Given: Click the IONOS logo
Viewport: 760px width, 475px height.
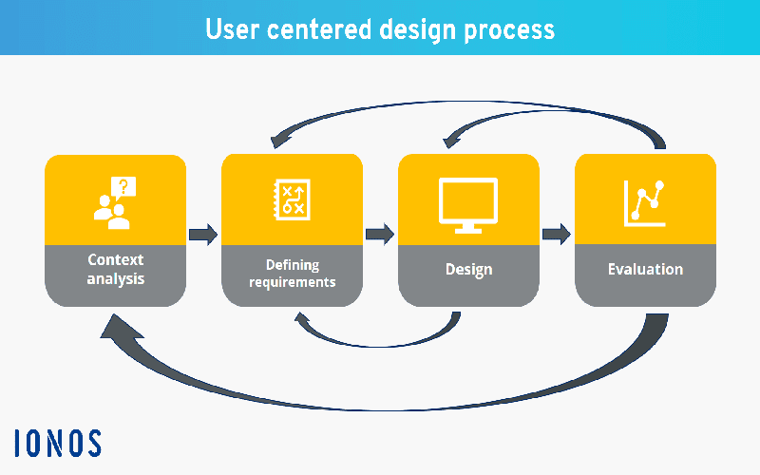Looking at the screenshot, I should (x=58, y=443).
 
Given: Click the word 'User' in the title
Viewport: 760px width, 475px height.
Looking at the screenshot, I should (x=234, y=28).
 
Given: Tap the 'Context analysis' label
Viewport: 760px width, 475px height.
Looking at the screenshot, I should (x=115, y=269).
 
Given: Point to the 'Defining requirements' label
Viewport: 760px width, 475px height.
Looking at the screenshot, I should (x=292, y=273).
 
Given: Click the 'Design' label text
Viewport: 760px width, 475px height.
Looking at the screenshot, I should (x=468, y=270).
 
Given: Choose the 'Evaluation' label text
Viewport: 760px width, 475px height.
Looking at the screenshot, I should (x=645, y=270).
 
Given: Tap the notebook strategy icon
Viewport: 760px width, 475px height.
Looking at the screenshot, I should (x=292, y=199).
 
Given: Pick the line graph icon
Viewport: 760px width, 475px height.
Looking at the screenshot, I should (x=645, y=202).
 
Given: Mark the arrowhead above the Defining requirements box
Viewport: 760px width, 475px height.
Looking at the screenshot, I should (x=280, y=141).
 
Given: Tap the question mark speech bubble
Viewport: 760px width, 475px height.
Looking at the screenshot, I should (x=124, y=186).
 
